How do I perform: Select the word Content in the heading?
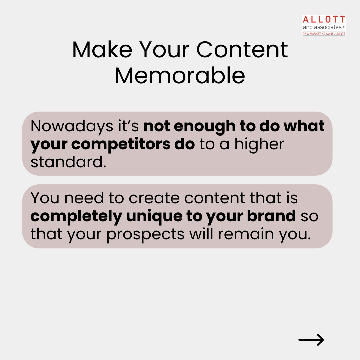coord(242,50)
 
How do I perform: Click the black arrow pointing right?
coord(311,340)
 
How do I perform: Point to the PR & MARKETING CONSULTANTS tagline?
coord(324,33)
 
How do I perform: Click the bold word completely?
coord(76,216)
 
